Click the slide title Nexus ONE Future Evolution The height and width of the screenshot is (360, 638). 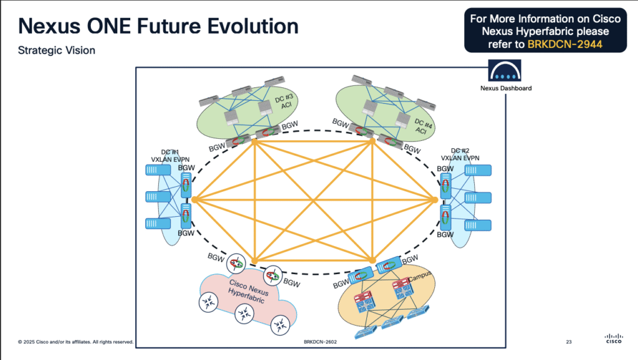pyautogui.click(x=158, y=27)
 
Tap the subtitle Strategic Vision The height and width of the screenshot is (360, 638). pyautogui.click(x=57, y=50)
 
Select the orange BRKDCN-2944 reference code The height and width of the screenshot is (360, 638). pyautogui.click(x=564, y=44)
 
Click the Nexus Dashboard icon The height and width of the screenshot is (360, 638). pyautogui.click(x=505, y=71)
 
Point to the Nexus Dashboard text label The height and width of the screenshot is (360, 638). pyautogui.click(x=505, y=88)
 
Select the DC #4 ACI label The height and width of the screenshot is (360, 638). pyautogui.click(x=421, y=126)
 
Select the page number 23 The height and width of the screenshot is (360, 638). pyautogui.click(x=568, y=342)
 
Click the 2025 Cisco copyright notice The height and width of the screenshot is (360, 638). pyautogui.click(x=75, y=342)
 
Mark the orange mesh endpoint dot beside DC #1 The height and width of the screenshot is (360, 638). pyautogui.click(x=194, y=200)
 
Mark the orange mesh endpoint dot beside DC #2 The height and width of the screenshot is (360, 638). pyautogui.click(x=435, y=200)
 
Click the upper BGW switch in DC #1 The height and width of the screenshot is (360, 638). pyautogui.click(x=184, y=184)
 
